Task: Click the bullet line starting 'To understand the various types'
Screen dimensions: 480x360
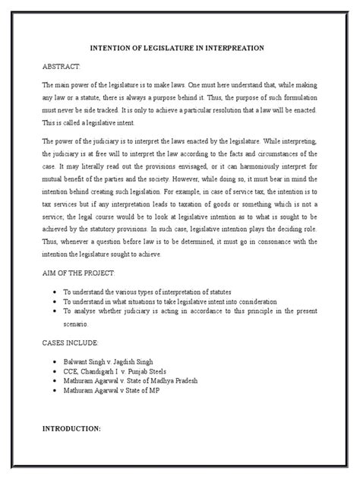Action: click(x=145, y=292)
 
